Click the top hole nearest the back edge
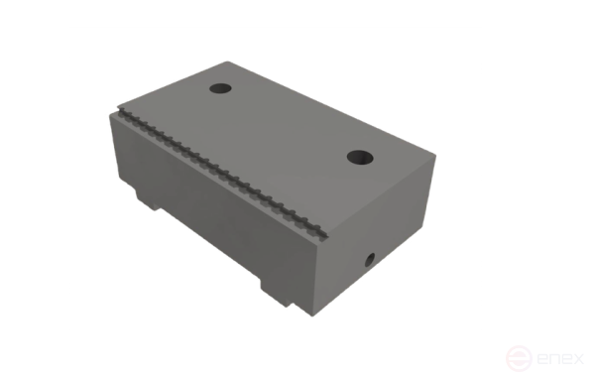click(x=220, y=89)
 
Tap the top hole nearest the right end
click(x=359, y=156)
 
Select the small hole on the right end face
click(x=369, y=260)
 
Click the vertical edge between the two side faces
click(x=318, y=278)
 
